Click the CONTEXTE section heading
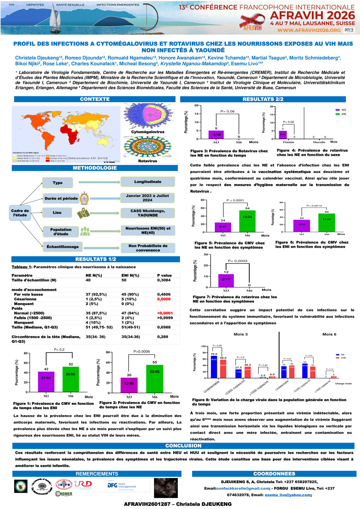click(x=94, y=99)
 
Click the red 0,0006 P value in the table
click(x=164, y=299)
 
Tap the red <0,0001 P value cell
click(x=164, y=313)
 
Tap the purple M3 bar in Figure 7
click(x=226, y=280)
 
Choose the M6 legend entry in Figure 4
click(x=342, y=114)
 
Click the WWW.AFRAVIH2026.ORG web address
click(x=308, y=30)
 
